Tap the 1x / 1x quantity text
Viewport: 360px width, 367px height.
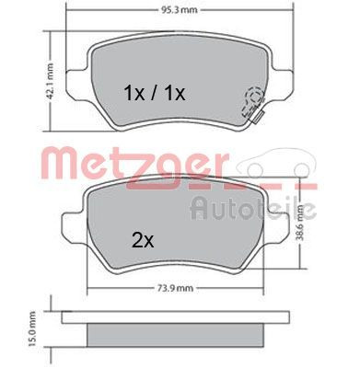[x=155, y=92]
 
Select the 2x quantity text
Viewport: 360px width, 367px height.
[x=142, y=241]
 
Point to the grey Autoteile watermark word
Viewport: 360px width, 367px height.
[x=253, y=208]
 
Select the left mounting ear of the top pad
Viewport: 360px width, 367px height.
[x=80, y=66]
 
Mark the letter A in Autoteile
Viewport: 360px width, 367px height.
[x=200, y=208]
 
